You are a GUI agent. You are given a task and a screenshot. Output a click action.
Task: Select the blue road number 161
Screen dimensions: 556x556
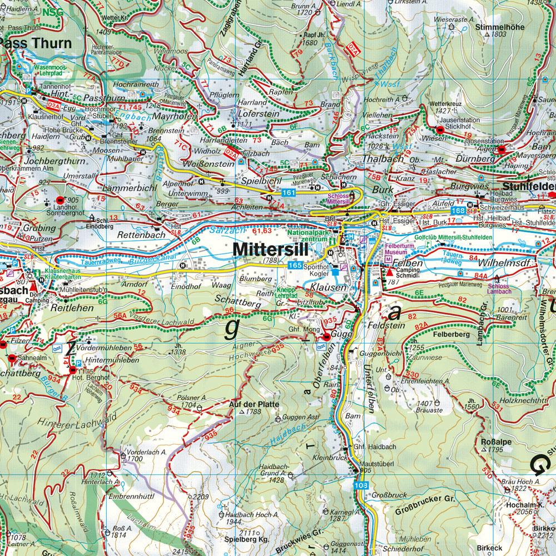click(x=288, y=192)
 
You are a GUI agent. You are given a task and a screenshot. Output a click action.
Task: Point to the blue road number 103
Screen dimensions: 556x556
click(x=360, y=486)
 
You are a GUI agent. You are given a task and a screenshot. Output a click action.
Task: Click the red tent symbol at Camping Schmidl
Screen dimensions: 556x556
click(x=390, y=272)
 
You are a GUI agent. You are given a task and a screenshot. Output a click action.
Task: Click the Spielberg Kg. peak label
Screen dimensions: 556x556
click(x=247, y=539)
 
